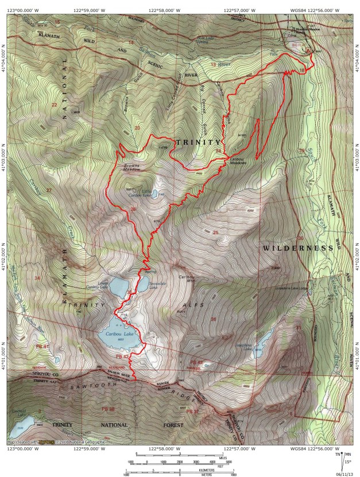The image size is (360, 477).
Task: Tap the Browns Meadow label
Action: coord(132,168)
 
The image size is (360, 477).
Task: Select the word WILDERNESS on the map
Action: coord(298,248)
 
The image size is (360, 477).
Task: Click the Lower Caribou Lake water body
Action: coord(118,285)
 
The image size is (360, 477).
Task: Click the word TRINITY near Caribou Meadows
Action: coord(198,142)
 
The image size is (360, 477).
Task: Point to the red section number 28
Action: coord(133,210)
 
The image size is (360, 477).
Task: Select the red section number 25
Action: coord(216,232)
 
